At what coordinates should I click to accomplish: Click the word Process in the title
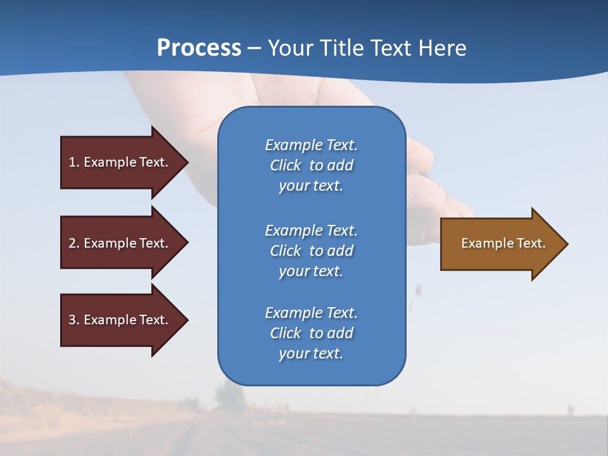(199, 48)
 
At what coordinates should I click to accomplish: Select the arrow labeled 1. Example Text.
(120, 162)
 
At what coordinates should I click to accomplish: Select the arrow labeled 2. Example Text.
(120, 243)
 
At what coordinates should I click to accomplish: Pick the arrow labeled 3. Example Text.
(120, 320)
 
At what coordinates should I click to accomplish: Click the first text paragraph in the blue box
(311, 165)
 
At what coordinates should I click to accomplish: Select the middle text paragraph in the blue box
(311, 251)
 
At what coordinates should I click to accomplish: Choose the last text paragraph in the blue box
(311, 333)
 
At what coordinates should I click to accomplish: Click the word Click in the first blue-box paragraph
(286, 165)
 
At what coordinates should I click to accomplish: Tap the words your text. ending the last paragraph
(311, 353)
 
